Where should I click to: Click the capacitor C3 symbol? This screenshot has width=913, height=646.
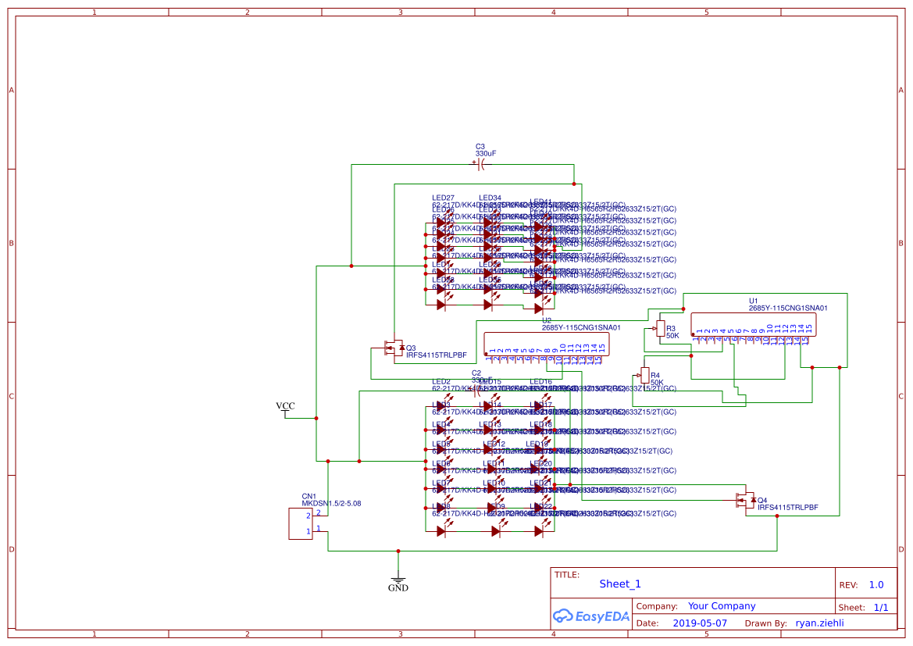tap(481, 165)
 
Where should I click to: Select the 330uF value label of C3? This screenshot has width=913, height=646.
tap(486, 154)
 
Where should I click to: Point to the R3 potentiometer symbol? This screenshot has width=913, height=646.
tap(661, 329)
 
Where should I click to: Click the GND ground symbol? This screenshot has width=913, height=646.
tap(398, 581)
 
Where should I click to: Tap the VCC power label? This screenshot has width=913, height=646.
tap(286, 406)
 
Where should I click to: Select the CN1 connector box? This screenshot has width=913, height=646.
tap(301, 523)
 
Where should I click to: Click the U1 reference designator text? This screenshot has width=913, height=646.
tap(754, 301)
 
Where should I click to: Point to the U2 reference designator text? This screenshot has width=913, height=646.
tap(547, 320)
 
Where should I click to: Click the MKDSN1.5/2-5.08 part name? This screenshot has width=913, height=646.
tap(331, 504)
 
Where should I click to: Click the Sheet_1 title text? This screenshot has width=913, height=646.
tap(620, 584)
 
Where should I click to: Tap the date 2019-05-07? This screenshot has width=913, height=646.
tap(699, 623)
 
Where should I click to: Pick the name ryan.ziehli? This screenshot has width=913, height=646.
tap(819, 623)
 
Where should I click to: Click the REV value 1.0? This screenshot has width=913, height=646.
tap(876, 584)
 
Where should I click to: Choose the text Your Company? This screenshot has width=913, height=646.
tap(721, 605)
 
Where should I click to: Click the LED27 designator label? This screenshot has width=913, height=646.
tap(443, 198)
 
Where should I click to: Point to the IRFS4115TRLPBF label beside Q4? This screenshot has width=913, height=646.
tap(787, 507)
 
